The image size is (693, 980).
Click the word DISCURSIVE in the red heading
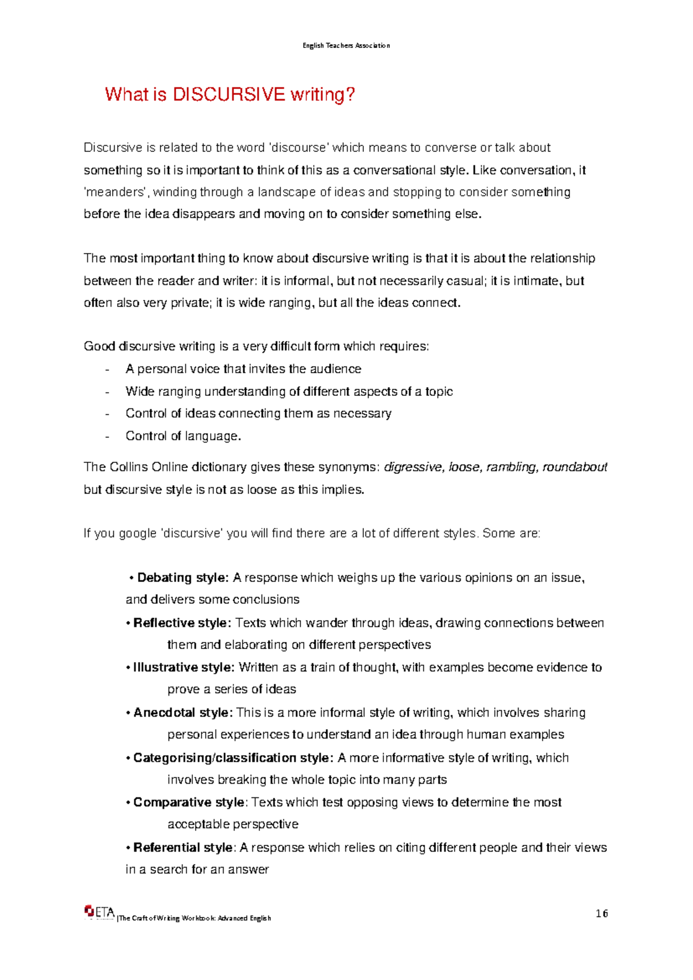point(229,94)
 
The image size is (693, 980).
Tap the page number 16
point(602,914)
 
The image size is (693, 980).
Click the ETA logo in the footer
point(99,912)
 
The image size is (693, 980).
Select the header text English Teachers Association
point(346,46)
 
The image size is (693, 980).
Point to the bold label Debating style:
point(182,578)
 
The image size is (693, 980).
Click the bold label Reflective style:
point(182,623)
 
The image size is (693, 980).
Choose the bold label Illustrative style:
point(184,667)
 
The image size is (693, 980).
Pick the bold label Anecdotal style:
point(183,712)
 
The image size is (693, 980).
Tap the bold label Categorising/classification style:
point(233,758)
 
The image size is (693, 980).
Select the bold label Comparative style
point(188,802)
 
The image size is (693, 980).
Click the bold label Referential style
point(182,847)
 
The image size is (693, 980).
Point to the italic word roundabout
point(575,467)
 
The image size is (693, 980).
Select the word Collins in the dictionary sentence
point(128,467)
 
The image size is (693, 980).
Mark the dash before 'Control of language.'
point(107,436)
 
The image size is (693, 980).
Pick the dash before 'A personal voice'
point(107,369)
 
